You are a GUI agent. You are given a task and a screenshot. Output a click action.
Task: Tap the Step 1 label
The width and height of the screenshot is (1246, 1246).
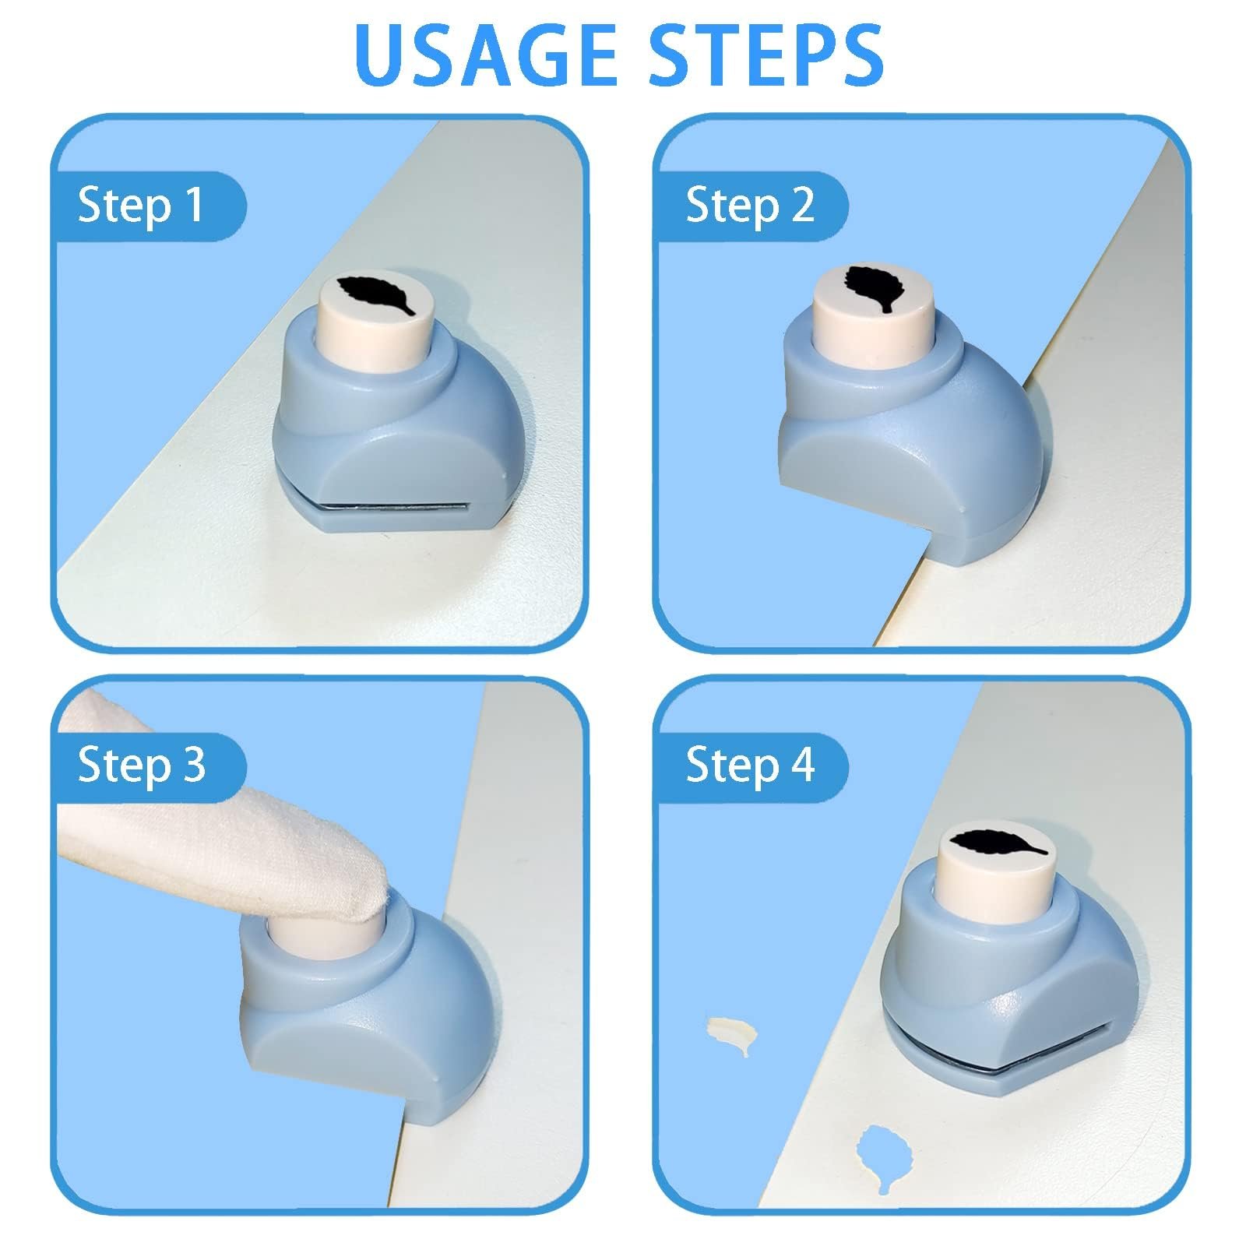[140, 206]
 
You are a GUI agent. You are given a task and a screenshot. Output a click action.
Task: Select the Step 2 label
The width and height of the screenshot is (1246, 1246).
[750, 206]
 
